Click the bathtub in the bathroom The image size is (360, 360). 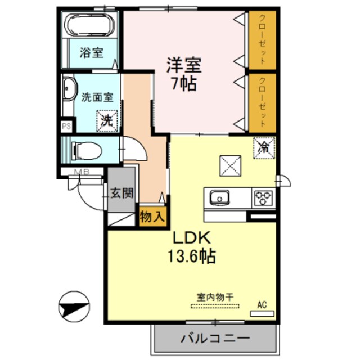(89, 25)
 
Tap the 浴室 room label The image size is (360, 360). (91, 53)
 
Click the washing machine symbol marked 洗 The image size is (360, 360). (107, 119)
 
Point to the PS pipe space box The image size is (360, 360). (66, 127)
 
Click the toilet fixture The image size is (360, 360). (88, 150)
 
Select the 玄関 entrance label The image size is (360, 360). (121, 194)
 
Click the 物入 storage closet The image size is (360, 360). (152, 216)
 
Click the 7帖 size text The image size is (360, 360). (183, 84)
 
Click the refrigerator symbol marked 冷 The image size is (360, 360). (263, 147)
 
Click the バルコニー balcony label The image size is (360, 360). (215, 339)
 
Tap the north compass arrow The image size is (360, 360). (74, 308)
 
